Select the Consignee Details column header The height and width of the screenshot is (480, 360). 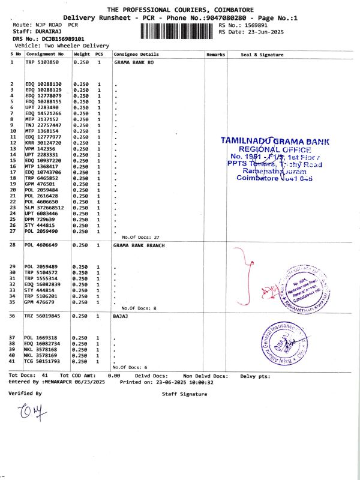click(136, 54)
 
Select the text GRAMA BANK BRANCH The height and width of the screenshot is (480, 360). click(138, 245)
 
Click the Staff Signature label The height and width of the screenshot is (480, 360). click(184, 394)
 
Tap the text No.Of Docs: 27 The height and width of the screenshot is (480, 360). click(139, 238)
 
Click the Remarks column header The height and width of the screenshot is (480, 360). click(215, 54)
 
